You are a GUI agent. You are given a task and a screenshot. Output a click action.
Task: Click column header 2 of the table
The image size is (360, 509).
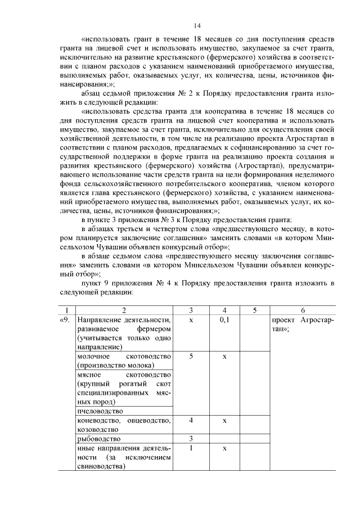tap(124, 310)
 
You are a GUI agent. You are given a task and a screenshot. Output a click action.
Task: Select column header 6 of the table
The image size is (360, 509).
tap(303, 310)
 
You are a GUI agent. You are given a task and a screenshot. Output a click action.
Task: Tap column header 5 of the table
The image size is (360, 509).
tap(254, 310)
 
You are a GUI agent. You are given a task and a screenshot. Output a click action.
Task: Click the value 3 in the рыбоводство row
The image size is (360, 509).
tap(191, 439)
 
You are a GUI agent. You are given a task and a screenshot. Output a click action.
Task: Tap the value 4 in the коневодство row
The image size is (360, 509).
tap(191, 421)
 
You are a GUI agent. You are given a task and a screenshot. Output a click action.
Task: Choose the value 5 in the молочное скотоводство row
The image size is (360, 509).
tap(191, 357)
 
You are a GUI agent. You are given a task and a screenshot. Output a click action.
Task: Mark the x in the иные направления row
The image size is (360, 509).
tap(224, 448)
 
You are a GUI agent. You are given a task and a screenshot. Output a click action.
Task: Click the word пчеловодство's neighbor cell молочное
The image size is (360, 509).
tap(93, 357)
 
